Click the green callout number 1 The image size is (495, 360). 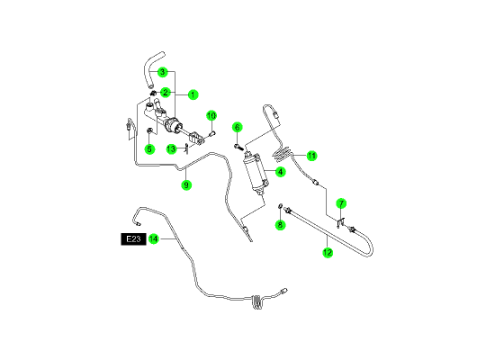(193, 94)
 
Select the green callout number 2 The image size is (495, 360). (166, 93)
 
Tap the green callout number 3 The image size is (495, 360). (162, 72)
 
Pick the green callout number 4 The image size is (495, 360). (280, 172)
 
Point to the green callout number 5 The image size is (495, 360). (149, 149)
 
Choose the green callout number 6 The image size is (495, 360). (237, 127)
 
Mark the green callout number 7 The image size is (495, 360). (341, 203)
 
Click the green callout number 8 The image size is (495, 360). (280, 225)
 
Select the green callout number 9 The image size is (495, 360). (186, 184)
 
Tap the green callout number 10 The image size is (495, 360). (211, 115)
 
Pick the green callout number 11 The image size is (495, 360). (311, 156)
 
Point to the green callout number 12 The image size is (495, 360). (328, 252)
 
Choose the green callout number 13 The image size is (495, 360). (171, 148)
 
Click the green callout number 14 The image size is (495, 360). (153, 238)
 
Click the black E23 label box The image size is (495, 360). (133, 239)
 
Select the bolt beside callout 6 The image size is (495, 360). (238, 147)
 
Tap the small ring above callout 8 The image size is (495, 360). (280, 206)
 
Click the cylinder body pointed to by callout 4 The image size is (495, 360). (256, 174)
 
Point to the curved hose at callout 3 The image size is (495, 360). (152, 69)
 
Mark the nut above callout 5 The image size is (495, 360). (150, 130)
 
